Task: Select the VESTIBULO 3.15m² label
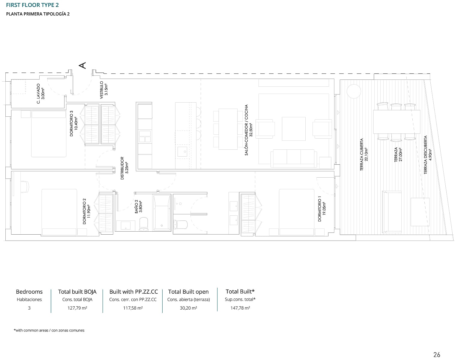[x=103, y=90]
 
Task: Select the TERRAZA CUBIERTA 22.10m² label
[x=364, y=154]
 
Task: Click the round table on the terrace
[x=354, y=91]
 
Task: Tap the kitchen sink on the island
[x=182, y=151]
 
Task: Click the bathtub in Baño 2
[x=162, y=212]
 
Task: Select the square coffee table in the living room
[x=294, y=129]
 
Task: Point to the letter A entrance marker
[x=82, y=65]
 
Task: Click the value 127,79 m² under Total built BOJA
[x=77, y=308]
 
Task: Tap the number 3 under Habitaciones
[x=29, y=308]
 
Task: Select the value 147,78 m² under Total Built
[x=240, y=308]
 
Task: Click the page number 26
[x=437, y=355]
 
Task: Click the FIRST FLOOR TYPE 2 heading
[x=32, y=5]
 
